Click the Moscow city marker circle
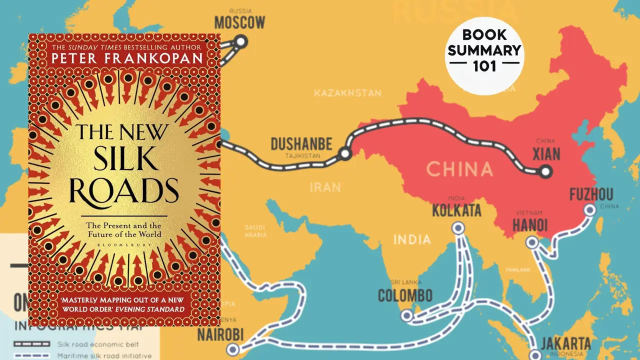241,41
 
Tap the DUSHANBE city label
301,144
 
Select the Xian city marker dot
545,171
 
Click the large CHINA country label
459,169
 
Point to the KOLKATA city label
456,210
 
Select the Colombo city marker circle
407,315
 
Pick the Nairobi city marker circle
232,349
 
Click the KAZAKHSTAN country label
347,93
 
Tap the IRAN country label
325,187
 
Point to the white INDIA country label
411,239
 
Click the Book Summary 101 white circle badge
483,51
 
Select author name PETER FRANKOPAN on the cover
127,57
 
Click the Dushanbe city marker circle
344,154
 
